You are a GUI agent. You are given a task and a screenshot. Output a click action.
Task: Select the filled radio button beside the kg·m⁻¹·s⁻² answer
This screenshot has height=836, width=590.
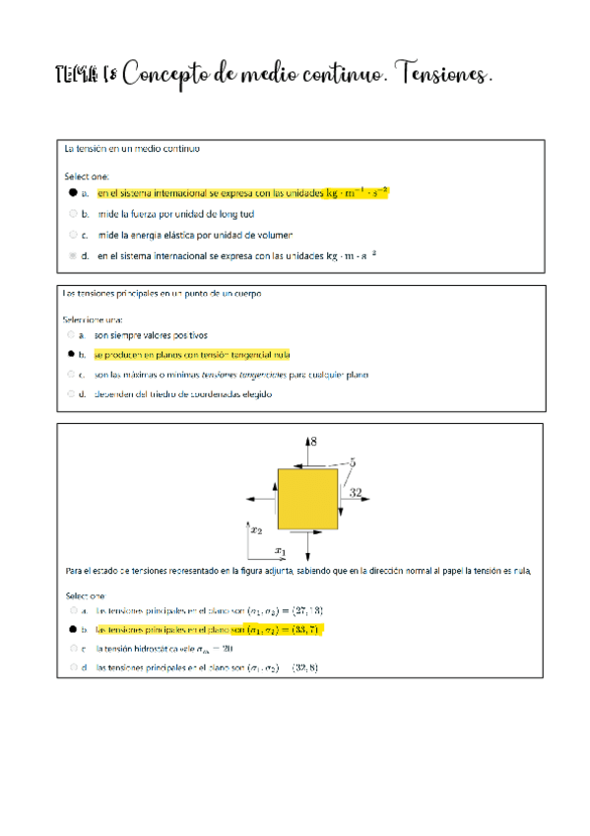pyautogui.click(x=73, y=193)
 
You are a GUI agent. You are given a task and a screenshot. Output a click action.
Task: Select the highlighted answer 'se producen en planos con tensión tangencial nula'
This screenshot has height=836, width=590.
pyautogui.click(x=192, y=354)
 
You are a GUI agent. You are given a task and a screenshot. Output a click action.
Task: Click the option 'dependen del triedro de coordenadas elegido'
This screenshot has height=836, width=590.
pyautogui.click(x=182, y=393)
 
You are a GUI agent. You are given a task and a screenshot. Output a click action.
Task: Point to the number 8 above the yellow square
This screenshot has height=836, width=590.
pyautogui.click(x=313, y=445)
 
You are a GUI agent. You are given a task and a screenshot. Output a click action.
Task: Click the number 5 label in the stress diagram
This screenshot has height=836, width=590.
pyautogui.click(x=353, y=461)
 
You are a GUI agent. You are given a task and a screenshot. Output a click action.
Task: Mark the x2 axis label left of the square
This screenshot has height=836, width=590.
pyautogui.click(x=256, y=529)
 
